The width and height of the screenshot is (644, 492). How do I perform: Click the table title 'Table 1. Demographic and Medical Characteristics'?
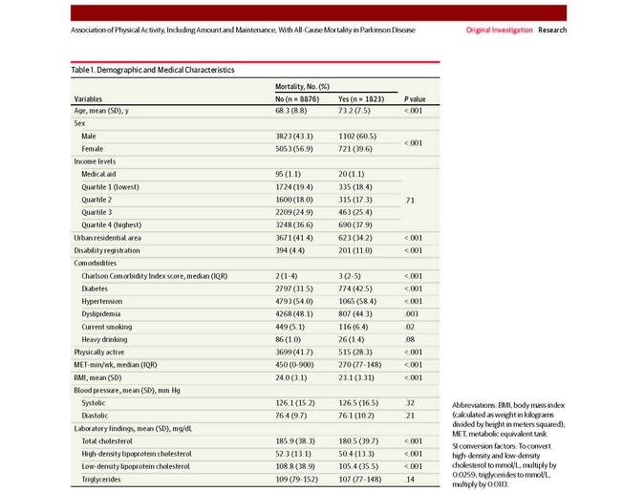tap(153, 70)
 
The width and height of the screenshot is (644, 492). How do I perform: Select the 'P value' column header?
tap(415, 99)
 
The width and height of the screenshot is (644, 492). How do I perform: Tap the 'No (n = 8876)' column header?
tap(297, 99)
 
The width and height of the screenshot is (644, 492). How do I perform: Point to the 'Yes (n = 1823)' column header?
tap(361, 99)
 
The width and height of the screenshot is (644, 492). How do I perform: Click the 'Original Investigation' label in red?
tap(499, 30)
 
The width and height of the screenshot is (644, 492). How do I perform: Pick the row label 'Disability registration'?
tap(107, 250)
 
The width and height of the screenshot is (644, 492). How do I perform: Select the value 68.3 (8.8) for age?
tap(291, 111)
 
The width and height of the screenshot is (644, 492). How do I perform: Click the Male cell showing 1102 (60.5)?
tap(357, 136)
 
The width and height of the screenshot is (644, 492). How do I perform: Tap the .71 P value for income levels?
tap(410, 201)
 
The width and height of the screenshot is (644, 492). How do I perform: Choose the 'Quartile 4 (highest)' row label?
tap(111, 225)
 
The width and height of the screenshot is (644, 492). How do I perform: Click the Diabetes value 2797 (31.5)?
tap(294, 289)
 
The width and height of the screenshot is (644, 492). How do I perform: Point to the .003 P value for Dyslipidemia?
tap(411, 313)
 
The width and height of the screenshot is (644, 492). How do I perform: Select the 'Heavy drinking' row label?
tap(104, 340)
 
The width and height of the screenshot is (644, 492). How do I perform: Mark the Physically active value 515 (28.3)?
tap(355, 352)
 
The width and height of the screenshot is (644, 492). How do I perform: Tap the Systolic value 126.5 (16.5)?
tap(358, 403)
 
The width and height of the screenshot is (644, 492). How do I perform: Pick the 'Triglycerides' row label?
tap(101, 480)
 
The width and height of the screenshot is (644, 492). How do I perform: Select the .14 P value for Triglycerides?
tap(410, 480)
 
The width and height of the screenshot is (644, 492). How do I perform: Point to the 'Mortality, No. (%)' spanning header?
tap(302, 86)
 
